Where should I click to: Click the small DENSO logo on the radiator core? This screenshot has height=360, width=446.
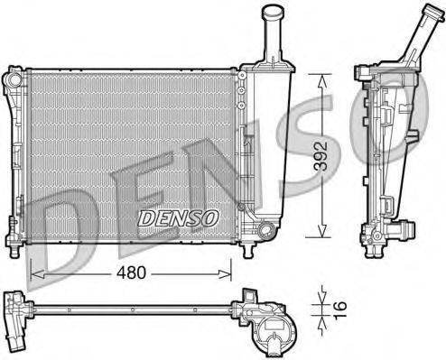(x=177, y=217)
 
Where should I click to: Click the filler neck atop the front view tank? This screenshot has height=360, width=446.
(x=273, y=36)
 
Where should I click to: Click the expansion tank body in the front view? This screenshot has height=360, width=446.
(x=270, y=144)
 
